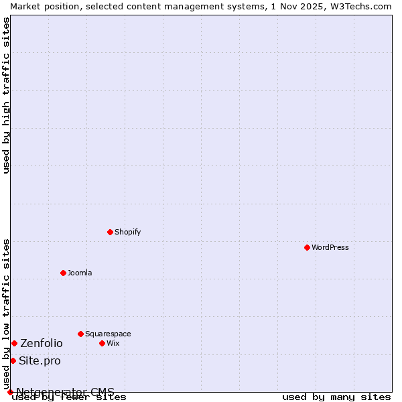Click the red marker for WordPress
[x=308, y=247]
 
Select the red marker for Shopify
[x=111, y=232]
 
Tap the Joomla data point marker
[x=64, y=273]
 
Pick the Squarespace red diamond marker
[x=81, y=334]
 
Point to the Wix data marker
[x=103, y=343]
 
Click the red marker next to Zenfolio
[x=14, y=343]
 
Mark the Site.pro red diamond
[x=13, y=360]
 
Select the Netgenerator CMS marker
[x=10, y=392]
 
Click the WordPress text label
[x=330, y=247]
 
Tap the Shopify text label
[x=127, y=232]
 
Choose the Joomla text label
[x=80, y=273]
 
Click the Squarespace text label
[x=108, y=334]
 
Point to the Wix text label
[x=113, y=343]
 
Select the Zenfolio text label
[x=42, y=343]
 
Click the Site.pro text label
[x=40, y=360]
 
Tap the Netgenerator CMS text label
[x=65, y=392]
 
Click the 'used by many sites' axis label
[x=336, y=397]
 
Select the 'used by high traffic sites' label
[x=7, y=95]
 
